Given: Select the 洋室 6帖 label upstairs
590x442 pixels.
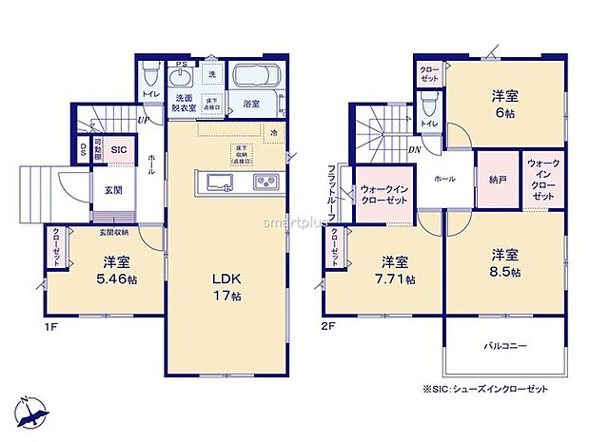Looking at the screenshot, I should [x=504, y=104].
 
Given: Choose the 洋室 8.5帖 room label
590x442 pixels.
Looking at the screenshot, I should [x=505, y=262].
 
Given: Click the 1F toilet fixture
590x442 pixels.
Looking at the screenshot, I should [x=148, y=73].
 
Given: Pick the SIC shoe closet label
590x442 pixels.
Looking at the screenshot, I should [x=118, y=150].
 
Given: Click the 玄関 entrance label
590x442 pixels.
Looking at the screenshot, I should [x=112, y=190].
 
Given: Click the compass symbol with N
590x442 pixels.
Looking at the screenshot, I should [x=32, y=412].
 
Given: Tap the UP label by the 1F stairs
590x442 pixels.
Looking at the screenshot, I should [x=143, y=121].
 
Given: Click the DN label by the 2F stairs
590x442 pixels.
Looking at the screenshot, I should [x=415, y=149].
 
